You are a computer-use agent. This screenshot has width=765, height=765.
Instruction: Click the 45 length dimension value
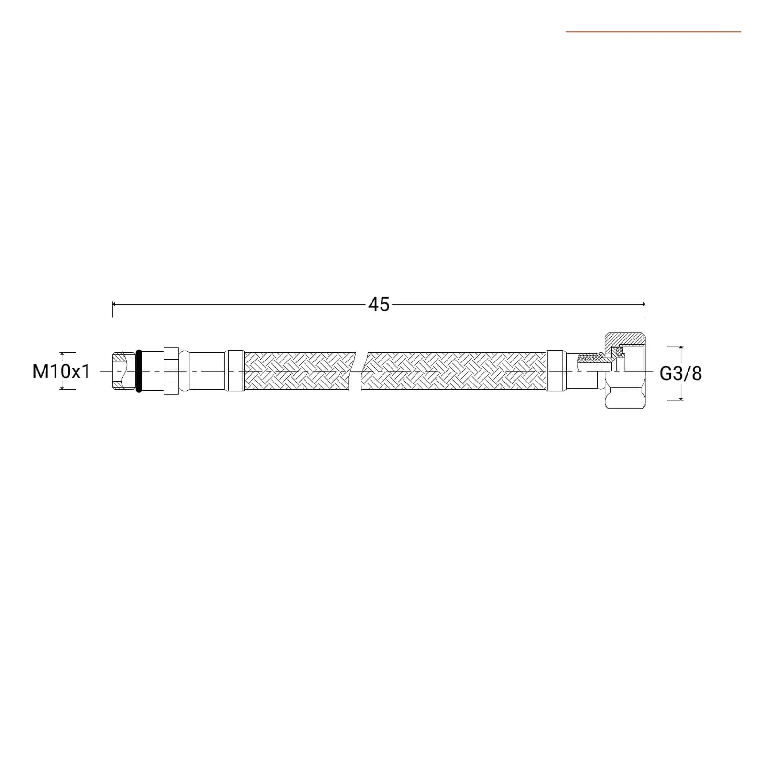(x=379, y=304)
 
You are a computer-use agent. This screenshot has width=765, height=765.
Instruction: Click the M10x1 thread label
(x=61, y=372)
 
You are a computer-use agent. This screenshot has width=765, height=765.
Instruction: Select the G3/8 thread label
(x=681, y=373)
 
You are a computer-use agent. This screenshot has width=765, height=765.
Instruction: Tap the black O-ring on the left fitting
(x=139, y=371)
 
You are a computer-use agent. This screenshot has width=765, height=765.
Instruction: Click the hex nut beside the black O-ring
(x=171, y=371)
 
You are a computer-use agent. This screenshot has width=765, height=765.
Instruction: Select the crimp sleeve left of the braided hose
(x=235, y=371)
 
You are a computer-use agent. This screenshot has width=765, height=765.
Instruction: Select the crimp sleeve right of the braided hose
(x=556, y=371)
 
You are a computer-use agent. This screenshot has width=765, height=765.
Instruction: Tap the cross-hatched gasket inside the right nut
(x=620, y=352)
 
